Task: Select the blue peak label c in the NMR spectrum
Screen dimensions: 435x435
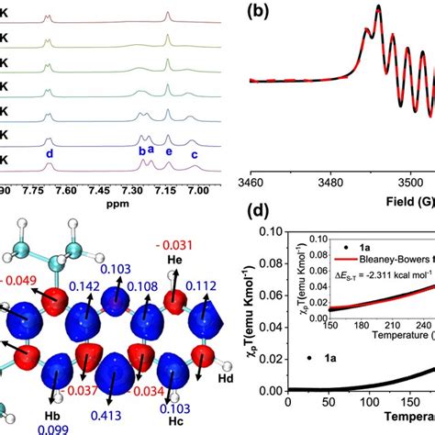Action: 194,154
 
